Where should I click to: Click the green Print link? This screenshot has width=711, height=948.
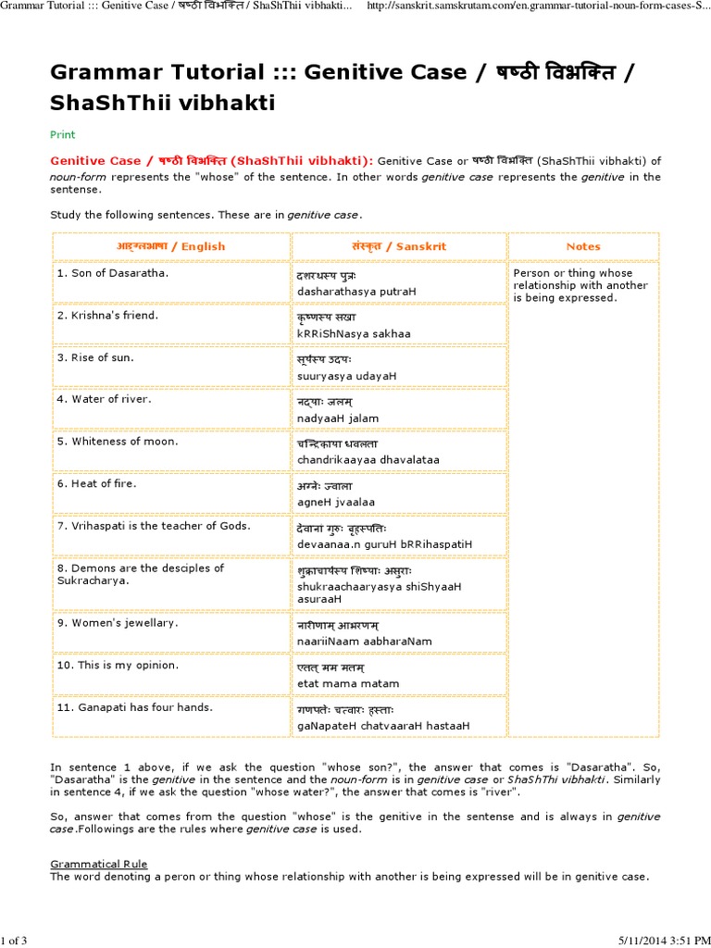point(62,134)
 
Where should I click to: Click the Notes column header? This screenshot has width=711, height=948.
point(583,246)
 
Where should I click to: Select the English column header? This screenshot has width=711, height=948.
point(171,246)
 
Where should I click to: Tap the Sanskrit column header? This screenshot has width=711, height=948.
point(399,246)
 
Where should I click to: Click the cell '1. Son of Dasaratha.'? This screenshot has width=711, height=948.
point(113,273)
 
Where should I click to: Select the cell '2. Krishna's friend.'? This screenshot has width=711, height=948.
point(107,316)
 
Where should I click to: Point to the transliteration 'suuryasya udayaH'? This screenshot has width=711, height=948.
point(346,376)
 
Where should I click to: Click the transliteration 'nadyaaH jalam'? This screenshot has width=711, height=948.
point(338,418)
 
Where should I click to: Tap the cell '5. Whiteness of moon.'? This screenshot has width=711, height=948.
point(117,442)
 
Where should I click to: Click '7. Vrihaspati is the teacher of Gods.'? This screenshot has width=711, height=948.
point(153,526)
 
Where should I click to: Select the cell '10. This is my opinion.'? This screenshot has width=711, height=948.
point(118,665)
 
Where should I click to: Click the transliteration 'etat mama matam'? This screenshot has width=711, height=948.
point(348,683)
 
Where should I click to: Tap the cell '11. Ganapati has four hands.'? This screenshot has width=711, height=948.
point(134,707)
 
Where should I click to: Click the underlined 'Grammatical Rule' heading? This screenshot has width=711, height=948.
point(98,864)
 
